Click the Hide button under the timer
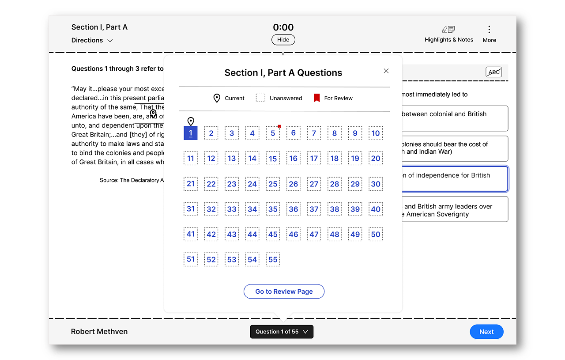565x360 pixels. click(x=283, y=40)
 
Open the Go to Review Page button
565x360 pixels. click(x=284, y=292)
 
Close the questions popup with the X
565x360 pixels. click(x=386, y=71)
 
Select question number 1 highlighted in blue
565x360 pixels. click(x=191, y=133)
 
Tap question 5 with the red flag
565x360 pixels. click(x=273, y=133)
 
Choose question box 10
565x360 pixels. click(x=376, y=133)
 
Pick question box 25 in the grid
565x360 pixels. click(x=273, y=184)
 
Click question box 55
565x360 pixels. click(x=273, y=259)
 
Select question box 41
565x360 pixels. click(x=191, y=234)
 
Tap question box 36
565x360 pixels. click(x=294, y=209)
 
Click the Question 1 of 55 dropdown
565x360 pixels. click(x=282, y=332)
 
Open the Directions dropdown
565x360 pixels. click(x=92, y=40)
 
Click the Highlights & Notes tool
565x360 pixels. click(x=448, y=34)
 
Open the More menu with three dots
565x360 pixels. click(x=489, y=34)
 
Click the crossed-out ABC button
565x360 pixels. click(x=494, y=72)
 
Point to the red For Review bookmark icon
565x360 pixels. click(x=316, y=98)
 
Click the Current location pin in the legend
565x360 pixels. click(x=217, y=98)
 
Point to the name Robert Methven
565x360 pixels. click(x=99, y=332)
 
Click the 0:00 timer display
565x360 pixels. click(x=283, y=27)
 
